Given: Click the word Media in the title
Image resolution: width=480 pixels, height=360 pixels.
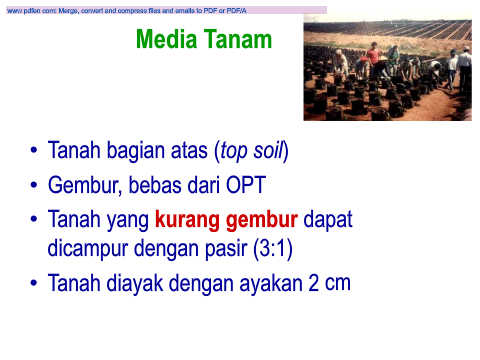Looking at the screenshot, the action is (x=166, y=39).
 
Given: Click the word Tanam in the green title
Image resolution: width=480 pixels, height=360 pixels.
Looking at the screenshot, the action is (x=238, y=39).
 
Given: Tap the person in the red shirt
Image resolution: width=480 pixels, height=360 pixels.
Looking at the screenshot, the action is (x=374, y=57).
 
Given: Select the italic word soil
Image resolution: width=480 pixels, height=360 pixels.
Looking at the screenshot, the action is (x=268, y=150).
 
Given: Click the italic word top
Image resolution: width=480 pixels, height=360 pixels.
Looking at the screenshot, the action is (x=233, y=152).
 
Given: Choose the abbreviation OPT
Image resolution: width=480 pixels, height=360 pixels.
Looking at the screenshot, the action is (x=246, y=185).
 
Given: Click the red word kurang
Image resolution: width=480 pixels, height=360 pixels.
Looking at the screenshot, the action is (x=187, y=221).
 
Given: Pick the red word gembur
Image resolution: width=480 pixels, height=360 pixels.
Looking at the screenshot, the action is (x=262, y=221).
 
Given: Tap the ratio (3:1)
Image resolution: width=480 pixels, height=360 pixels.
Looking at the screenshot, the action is (x=273, y=249).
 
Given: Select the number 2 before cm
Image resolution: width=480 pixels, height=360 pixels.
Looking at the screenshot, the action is (x=313, y=283).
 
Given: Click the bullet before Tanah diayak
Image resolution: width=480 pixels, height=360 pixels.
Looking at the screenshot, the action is (x=34, y=283).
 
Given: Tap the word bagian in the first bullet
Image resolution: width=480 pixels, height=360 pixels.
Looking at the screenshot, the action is (x=136, y=152).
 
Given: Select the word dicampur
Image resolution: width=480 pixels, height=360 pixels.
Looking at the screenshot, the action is (x=88, y=249).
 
